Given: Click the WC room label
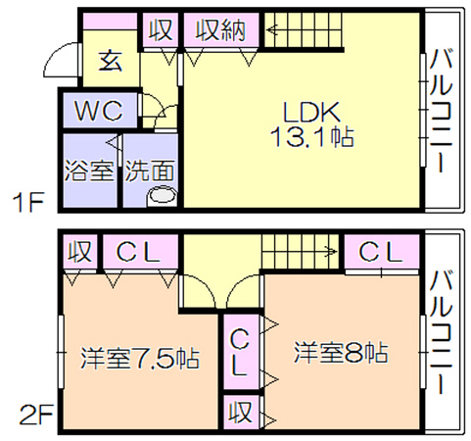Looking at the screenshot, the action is [99, 110].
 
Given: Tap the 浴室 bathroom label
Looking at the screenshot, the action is [89, 171].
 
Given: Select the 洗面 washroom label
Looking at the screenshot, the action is [150, 171].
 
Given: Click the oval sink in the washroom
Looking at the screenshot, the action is [163, 197].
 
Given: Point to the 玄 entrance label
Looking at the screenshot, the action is [111, 61].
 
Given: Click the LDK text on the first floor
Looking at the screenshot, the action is [311, 112].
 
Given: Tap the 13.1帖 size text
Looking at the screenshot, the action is [311, 137].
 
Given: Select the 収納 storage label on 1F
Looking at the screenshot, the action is [220, 30].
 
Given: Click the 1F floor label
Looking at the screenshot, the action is [28, 203].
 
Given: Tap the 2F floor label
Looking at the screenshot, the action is [36, 415].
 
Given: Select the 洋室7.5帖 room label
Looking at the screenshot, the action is [140, 359].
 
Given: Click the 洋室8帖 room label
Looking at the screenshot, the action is [341, 353].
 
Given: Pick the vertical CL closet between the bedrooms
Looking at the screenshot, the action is [241, 352].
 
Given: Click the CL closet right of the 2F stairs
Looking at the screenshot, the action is [382, 252].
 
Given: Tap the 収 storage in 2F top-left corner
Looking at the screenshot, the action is [79, 252].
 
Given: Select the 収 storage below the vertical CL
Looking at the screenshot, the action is [241, 412].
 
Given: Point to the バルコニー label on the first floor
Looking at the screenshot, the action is [441, 111].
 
